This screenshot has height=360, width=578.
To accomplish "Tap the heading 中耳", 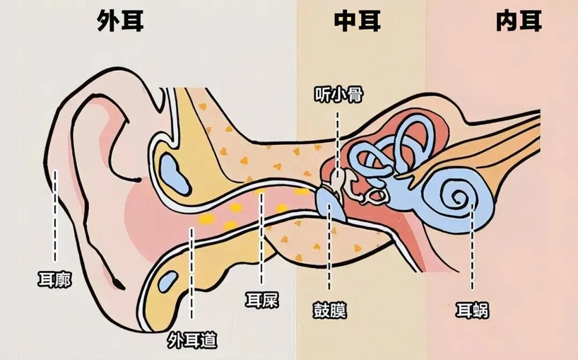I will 358,21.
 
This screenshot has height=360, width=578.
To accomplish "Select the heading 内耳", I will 519,21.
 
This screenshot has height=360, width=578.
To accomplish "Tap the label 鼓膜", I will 330,310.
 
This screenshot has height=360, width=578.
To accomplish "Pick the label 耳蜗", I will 472,310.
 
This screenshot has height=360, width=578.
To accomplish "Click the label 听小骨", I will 339,96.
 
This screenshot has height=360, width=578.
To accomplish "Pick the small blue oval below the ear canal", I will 170,280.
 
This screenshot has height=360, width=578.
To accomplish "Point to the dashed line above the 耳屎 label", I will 261,238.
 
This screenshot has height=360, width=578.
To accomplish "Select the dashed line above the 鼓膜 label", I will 329,251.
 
